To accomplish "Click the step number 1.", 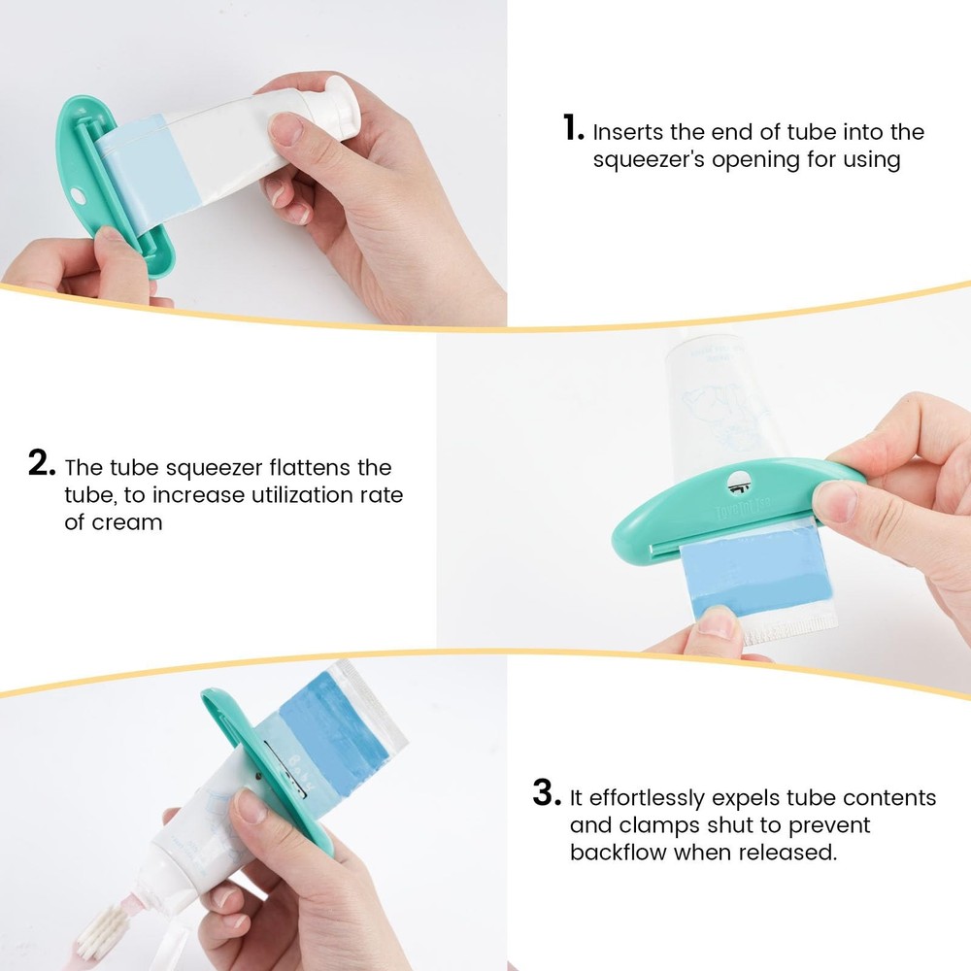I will tap(573, 128).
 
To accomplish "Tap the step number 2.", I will tap(42, 463).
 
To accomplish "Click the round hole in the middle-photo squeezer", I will tap(737, 480).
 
